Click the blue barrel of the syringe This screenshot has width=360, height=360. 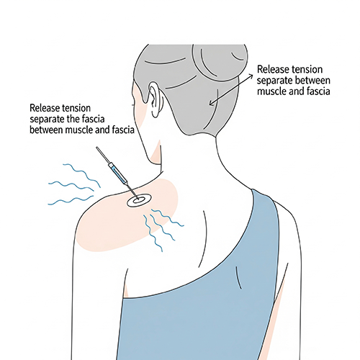(117, 172)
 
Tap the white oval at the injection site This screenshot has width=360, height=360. (139, 200)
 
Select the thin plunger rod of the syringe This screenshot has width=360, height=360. (102, 155)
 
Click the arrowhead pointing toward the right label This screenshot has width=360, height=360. (251, 76)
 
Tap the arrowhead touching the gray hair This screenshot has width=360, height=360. (211, 103)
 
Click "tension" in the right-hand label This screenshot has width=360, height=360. (307, 70)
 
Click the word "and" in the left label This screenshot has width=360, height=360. (102, 130)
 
